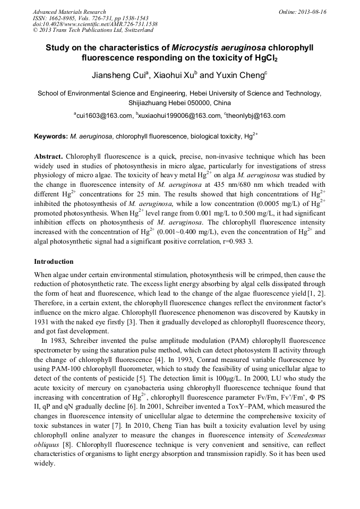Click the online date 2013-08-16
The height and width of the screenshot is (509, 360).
tap(312, 12)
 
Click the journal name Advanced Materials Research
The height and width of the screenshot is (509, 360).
tap(69, 12)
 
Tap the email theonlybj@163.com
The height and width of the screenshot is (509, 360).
tap(256, 115)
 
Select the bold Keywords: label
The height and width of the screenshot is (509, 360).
tap(51, 136)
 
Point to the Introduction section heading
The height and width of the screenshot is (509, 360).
tap(54, 262)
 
